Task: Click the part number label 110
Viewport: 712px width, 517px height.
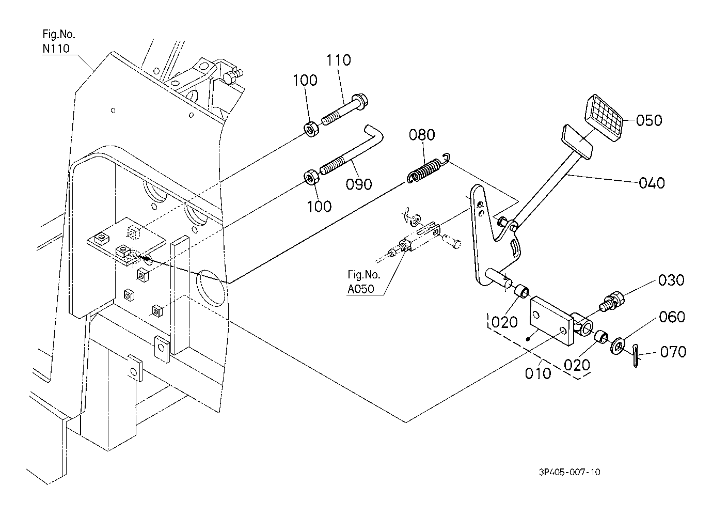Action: [338, 60]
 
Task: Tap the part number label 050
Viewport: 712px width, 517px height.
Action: [648, 120]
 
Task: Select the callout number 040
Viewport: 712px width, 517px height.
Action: [652, 183]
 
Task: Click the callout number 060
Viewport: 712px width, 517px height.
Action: [672, 317]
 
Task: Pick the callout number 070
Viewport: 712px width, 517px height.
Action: [673, 352]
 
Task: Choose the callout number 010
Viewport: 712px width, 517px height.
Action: [538, 372]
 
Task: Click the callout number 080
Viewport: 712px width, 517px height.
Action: [422, 135]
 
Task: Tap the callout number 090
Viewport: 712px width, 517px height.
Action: [359, 183]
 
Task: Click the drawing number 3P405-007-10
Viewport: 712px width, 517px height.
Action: [569, 472]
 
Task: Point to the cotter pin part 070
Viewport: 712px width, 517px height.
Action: [636, 356]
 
